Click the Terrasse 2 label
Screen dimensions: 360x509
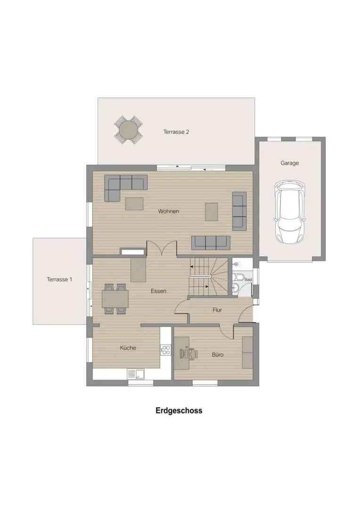pyautogui.click(x=176, y=132)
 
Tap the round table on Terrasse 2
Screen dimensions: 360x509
pyautogui.click(x=129, y=130)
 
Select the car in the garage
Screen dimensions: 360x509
pyautogui.click(x=290, y=212)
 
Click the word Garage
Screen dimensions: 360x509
pyautogui.click(x=290, y=163)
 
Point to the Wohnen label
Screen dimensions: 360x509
pyautogui.click(x=169, y=211)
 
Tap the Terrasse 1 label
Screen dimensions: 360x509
pyautogui.click(x=59, y=279)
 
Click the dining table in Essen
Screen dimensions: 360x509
pyautogui.click(x=115, y=299)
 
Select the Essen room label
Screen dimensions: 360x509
pyautogui.click(x=158, y=291)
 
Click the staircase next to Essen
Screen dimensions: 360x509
pyautogui.click(x=208, y=277)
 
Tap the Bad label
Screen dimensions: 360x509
pyautogui.click(x=248, y=279)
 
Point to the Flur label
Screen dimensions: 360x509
pyautogui.click(x=217, y=310)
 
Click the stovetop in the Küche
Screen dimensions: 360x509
pyautogui.click(x=165, y=350)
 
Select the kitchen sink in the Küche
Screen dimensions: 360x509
pyautogui.click(x=136, y=374)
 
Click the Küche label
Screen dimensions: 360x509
pyautogui.click(x=128, y=348)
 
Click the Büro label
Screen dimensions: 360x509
pyautogui.click(x=218, y=355)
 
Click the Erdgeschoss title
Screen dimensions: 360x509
pyautogui.click(x=179, y=410)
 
